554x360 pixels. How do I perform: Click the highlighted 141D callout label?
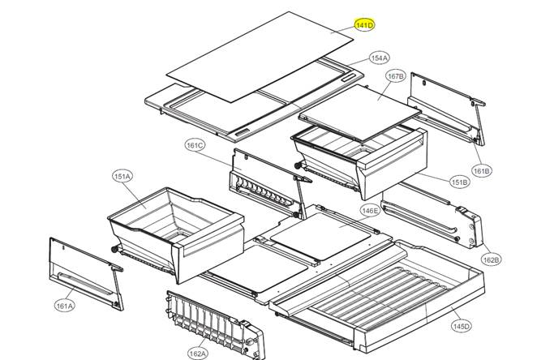tap(365, 25)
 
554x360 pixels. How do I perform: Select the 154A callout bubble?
tap(380, 58)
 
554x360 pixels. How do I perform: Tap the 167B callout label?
tap(396, 76)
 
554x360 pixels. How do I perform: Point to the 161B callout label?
tap(482, 171)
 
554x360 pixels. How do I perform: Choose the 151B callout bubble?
tap(460, 182)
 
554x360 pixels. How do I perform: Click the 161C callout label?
tap(195, 145)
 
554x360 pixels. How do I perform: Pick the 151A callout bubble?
tap(122, 176)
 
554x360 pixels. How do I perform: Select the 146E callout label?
tap(370, 211)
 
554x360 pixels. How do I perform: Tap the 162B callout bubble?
tap(492, 259)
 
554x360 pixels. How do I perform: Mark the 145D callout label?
tap(462, 326)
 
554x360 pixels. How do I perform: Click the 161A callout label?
tap(65, 306)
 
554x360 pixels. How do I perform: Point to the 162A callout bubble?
tap(198, 353)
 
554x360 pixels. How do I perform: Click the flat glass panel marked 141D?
tap(260, 57)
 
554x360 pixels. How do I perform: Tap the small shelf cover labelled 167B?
tap(360, 113)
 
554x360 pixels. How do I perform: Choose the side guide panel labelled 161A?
tap(87, 274)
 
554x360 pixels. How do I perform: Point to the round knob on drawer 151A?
tap(114, 250)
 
